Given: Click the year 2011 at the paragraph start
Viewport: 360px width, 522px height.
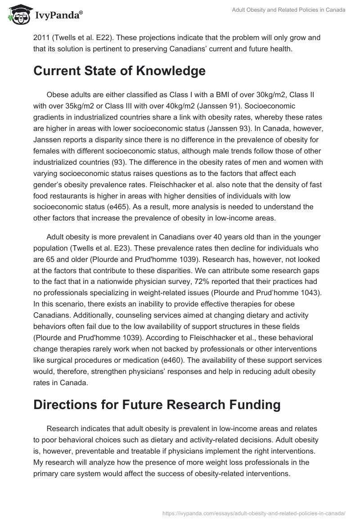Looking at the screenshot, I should (x=41, y=38).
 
